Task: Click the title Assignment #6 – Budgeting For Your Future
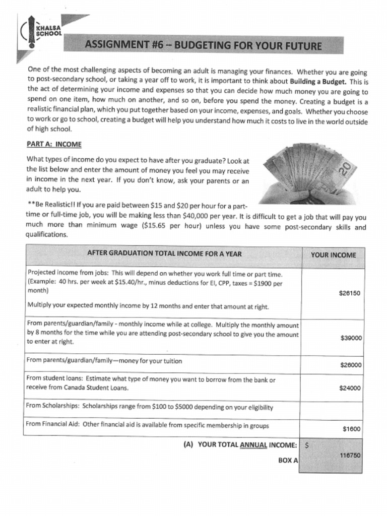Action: [x=203, y=46]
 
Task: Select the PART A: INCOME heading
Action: [x=54, y=144]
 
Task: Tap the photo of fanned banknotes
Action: [x=308, y=174]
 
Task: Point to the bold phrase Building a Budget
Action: [x=318, y=82]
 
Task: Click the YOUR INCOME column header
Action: [x=333, y=255]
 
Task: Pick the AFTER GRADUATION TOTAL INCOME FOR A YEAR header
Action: [x=164, y=254]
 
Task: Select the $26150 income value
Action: [x=350, y=293]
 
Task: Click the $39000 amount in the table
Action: [x=351, y=338]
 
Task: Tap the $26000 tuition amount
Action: [x=351, y=365]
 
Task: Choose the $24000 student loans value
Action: [x=351, y=388]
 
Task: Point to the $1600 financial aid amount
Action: [x=352, y=429]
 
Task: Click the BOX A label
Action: [x=288, y=461]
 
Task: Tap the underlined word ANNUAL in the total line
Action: [x=253, y=445]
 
